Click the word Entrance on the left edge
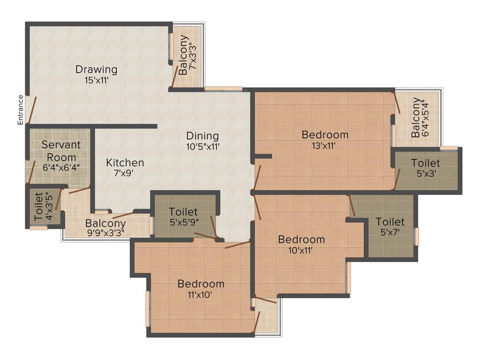coord(20,110)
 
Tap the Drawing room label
coord(97,70)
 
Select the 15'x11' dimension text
coord(97,80)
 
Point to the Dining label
coord(202,136)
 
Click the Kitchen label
coord(125,163)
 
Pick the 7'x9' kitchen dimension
coord(125,173)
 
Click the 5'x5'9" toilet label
coord(183,212)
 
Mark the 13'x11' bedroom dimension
coord(325,145)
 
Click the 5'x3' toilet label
coord(426,163)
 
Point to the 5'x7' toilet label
coord(390,222)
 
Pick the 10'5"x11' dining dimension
coord(202,146)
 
